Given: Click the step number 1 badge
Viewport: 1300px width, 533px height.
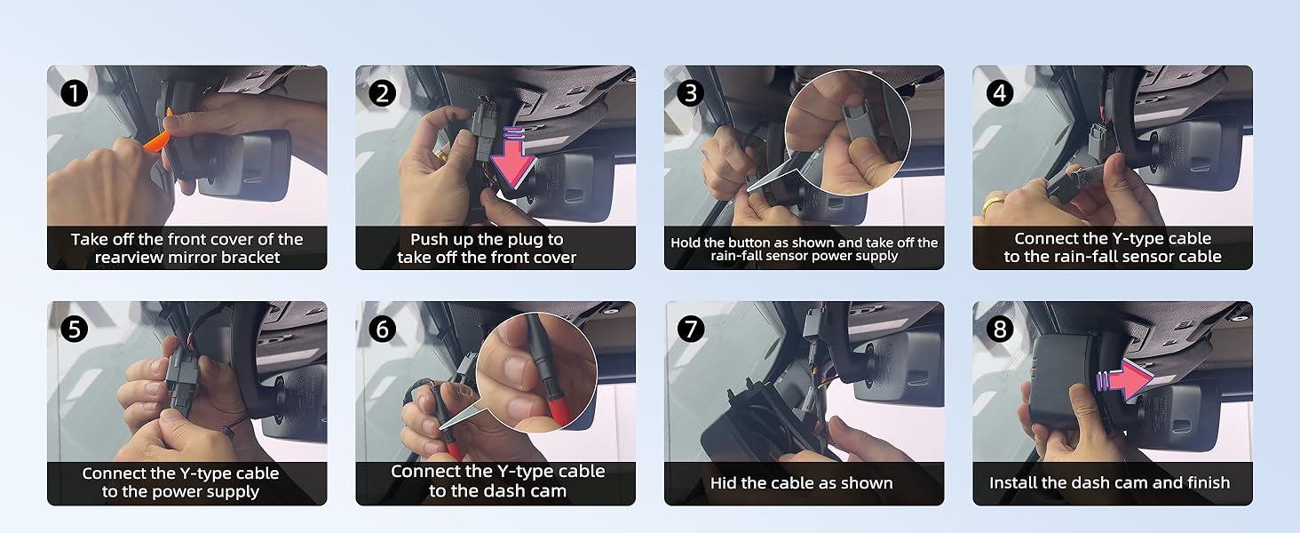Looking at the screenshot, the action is click(75, 93).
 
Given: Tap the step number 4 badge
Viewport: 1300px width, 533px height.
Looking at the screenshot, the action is click(999, 93).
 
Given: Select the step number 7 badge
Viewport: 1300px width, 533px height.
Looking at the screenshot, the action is click(691, 330).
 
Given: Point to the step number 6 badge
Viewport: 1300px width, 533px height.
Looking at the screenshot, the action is click(382, 330).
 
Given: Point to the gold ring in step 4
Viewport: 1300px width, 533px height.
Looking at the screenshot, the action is click(993, 204).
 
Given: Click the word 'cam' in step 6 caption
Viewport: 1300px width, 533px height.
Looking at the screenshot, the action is click(549, 491).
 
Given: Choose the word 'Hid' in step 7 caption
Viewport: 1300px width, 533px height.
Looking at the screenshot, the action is click(722, 482).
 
